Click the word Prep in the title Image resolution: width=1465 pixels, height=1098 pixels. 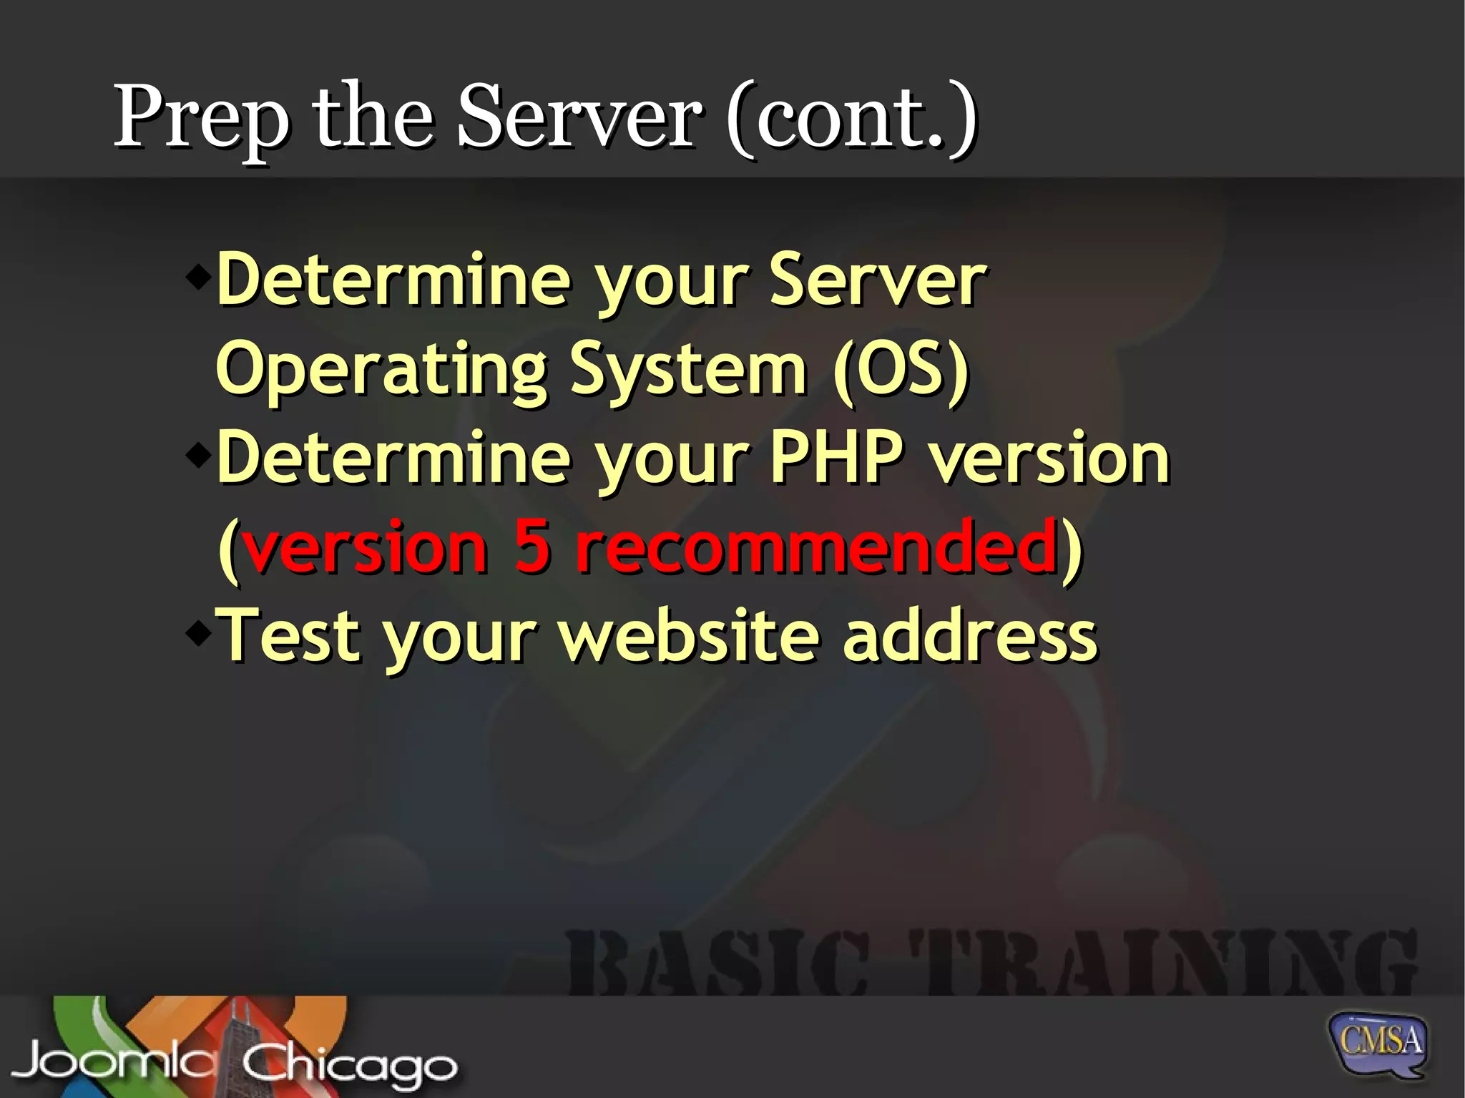pos(202,118)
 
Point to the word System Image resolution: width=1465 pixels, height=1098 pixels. pos(688,371)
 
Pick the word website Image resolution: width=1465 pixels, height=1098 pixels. pos(688,634)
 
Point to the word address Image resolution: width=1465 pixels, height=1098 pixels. pos(969,634)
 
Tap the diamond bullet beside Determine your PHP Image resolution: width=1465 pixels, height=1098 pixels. pos(198,455)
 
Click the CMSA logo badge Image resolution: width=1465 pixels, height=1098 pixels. pos(1378,1041)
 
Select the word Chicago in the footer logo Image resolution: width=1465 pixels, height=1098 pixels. pos(349,1064)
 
